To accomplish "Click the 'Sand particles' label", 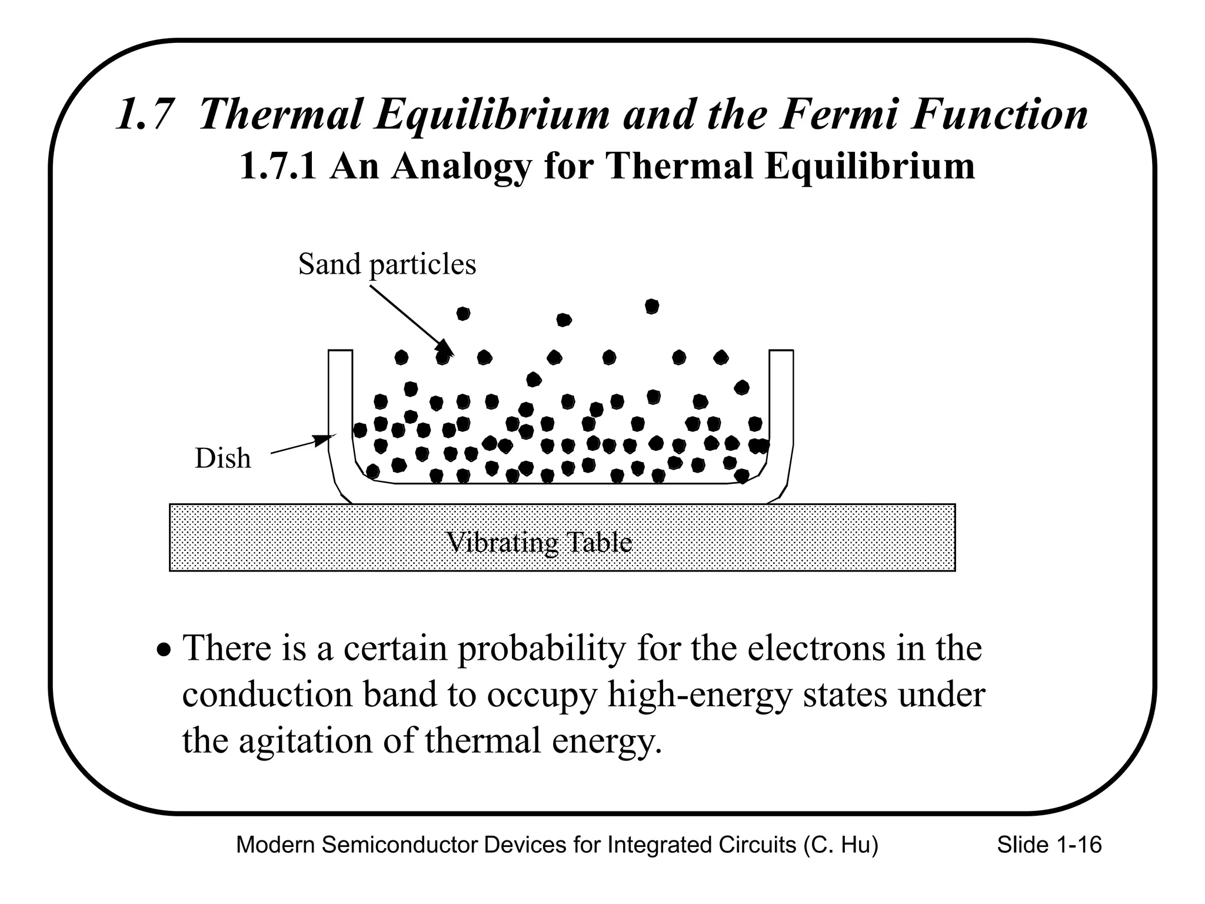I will [387, 264].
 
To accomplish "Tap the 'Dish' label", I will [222, 458].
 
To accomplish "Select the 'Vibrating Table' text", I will [540, 542].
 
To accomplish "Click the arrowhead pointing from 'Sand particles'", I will [450, 351].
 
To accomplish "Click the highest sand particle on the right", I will [651, 307].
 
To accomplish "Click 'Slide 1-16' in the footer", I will [1049, 845].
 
